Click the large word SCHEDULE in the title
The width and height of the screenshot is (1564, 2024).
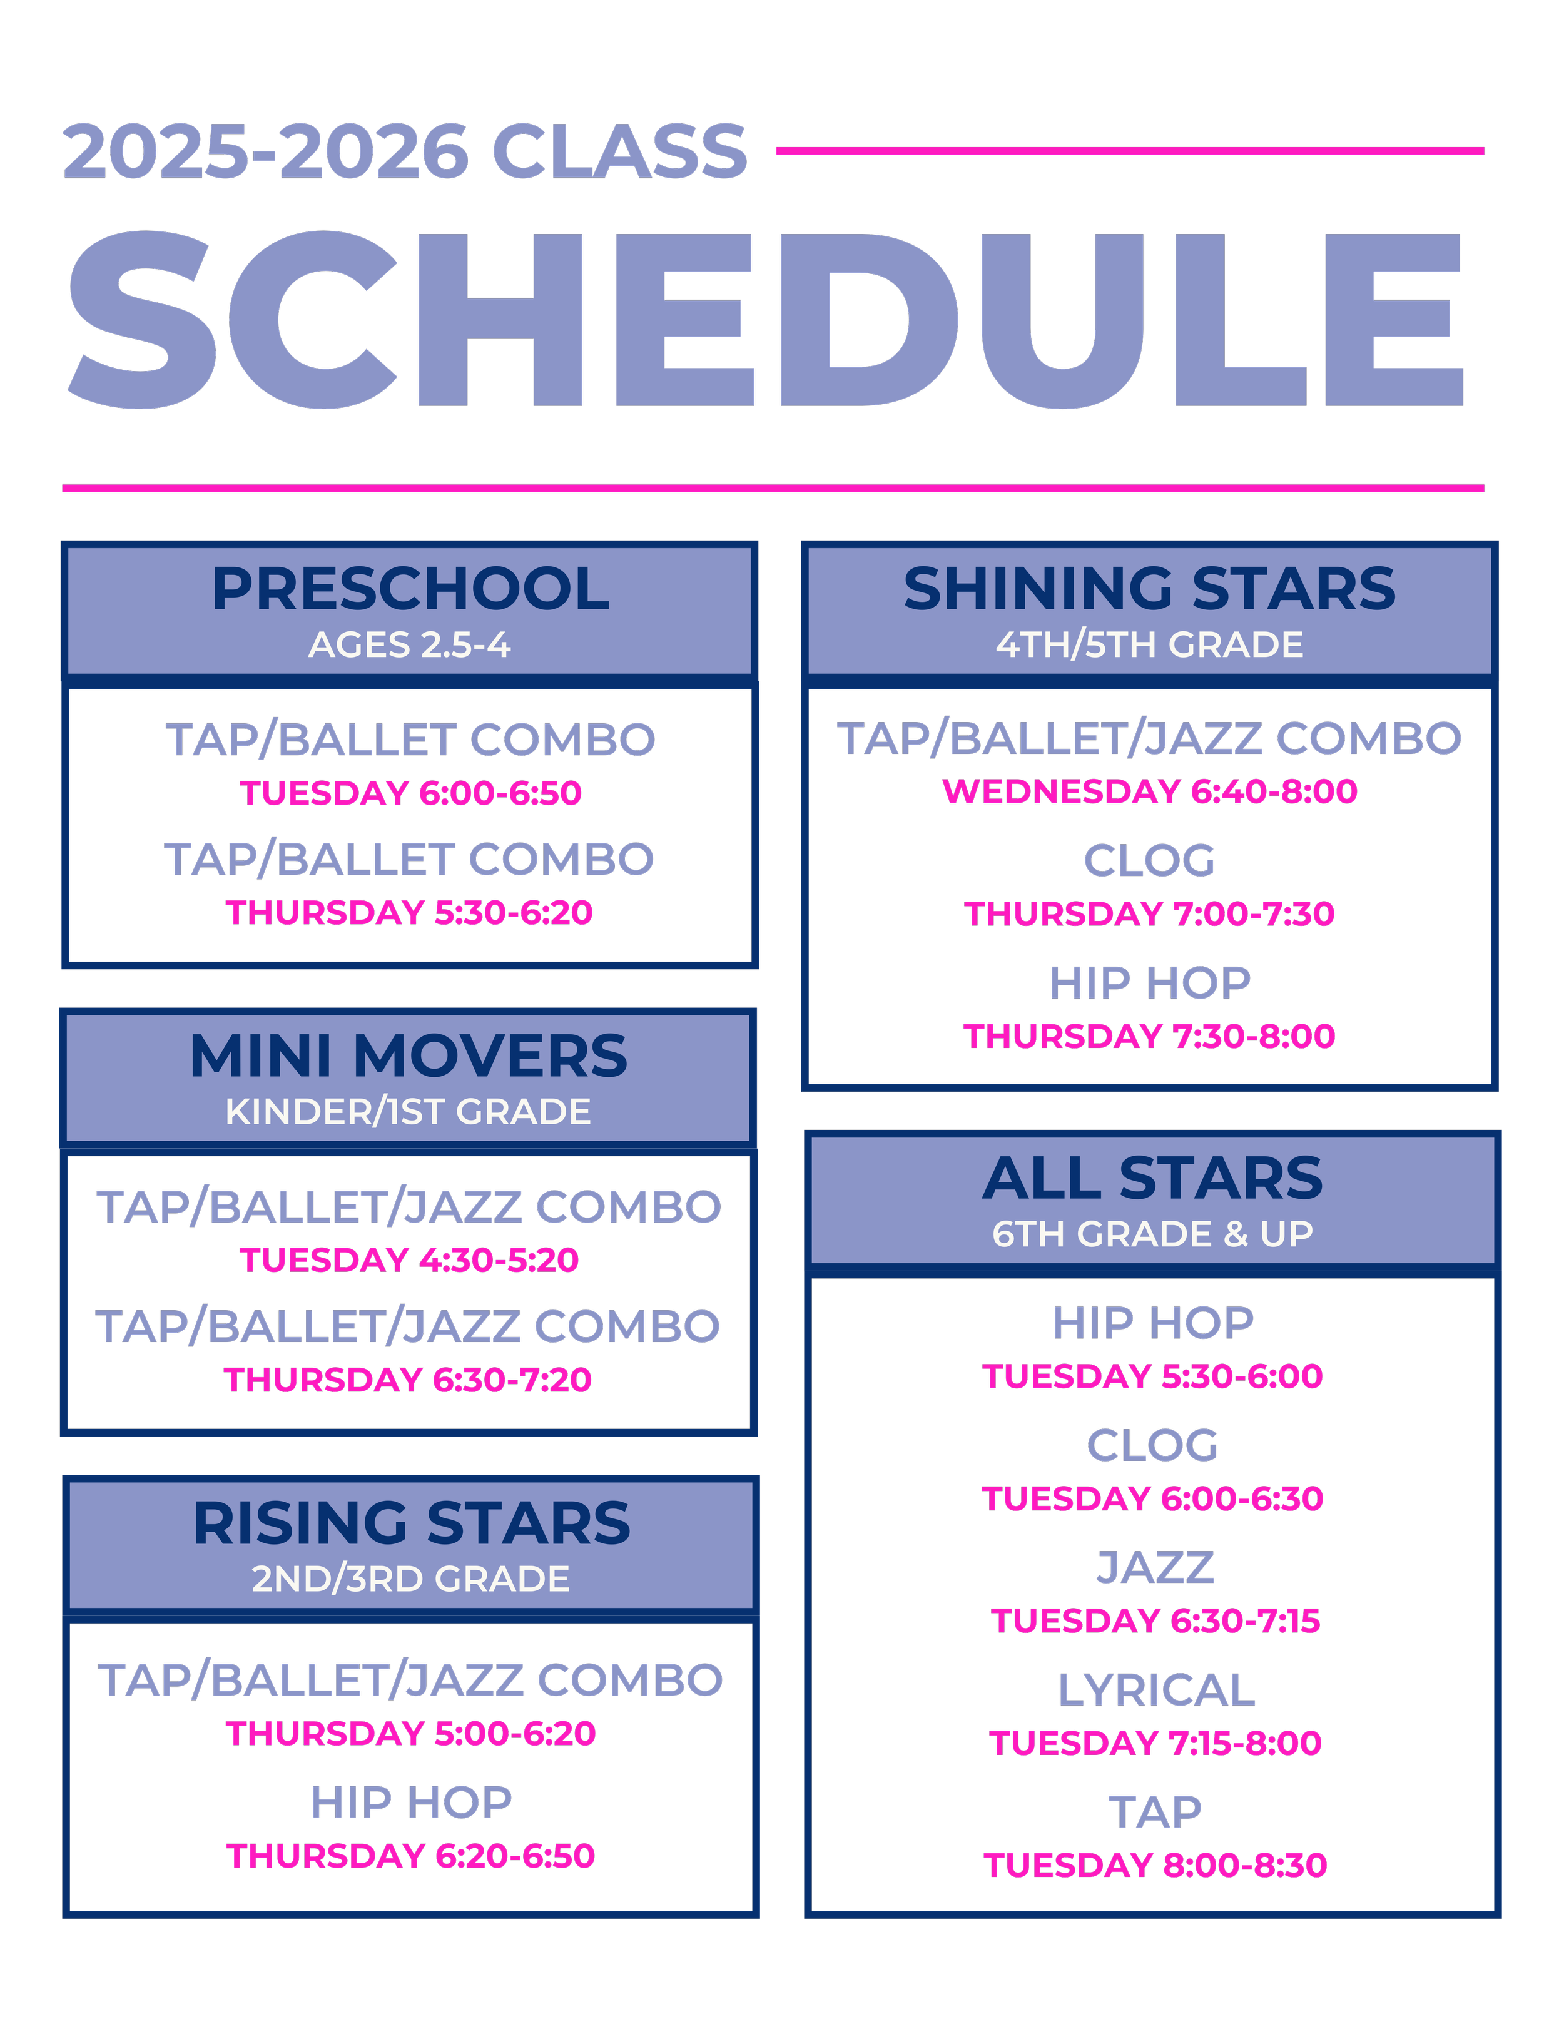765,320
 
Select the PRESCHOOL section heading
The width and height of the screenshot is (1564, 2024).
410,589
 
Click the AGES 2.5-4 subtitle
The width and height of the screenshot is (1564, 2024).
410,645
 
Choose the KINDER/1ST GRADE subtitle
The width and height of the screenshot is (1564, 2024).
408,1111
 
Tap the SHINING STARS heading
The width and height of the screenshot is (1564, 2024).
1149,589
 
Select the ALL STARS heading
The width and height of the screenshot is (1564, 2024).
1152,1178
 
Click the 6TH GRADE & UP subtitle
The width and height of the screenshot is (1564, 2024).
1152,1234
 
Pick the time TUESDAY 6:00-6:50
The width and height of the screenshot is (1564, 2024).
410,793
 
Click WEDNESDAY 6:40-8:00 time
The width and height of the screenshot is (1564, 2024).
1149,791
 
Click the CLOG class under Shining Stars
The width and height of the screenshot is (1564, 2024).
1149,860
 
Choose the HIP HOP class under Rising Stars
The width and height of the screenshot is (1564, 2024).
412,1803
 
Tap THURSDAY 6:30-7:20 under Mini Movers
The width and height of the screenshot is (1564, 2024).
408,1380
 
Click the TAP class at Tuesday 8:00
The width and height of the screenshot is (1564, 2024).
1155,1812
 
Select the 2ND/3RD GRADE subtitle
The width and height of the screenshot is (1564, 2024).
410,1579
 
